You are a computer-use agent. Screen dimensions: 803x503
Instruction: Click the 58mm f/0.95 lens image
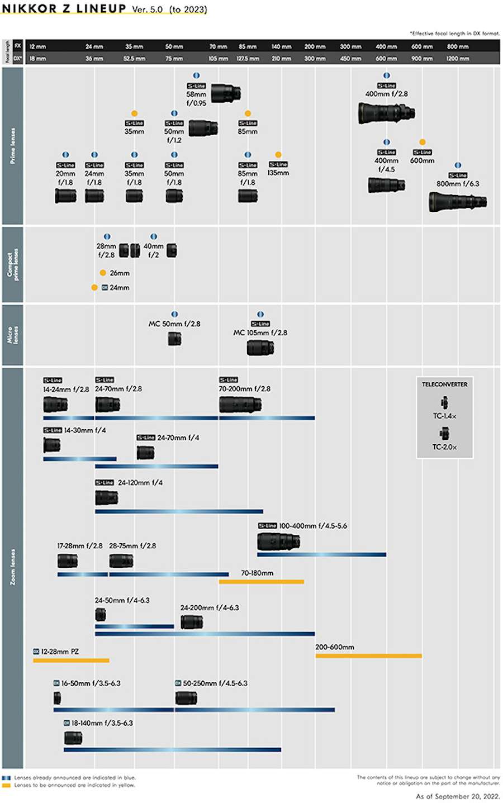click(226, 93)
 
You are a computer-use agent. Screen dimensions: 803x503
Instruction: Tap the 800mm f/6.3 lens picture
click(458, 202)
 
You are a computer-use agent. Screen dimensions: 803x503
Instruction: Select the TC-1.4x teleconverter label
click(444, 416)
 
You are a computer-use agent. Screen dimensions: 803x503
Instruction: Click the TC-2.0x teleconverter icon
click(444, 433)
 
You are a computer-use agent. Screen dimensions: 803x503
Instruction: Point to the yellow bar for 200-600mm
click(368, 656)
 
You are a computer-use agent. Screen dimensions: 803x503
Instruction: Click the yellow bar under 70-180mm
click(261, 582)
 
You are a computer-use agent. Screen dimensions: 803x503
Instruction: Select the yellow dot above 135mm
click(278, 155)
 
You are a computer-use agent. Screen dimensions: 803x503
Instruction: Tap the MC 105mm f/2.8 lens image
click(260, 348)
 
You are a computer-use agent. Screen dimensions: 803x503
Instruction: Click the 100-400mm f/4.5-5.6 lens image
click(278, 541)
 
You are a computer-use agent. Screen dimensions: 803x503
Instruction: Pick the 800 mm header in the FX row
click(458, 47)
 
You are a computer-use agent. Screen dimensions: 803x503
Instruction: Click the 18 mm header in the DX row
click(37, 59)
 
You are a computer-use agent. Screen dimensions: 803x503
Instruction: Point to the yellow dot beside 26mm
click(103, 273)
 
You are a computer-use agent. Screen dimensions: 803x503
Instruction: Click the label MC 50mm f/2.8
click(174, 324)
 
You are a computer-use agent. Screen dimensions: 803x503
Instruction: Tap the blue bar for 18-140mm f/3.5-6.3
click(172, 750)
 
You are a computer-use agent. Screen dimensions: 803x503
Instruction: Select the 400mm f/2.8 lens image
click(386, 113)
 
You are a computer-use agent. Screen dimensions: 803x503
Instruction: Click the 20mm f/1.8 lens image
click(65, 196)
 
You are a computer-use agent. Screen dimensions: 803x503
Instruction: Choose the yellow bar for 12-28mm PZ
click(71, 661)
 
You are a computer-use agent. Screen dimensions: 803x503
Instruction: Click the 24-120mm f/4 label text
click(140, 483)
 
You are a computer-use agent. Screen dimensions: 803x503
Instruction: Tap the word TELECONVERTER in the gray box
click(444, 384)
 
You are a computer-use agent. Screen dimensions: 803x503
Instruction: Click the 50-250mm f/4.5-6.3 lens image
click(186, 698)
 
